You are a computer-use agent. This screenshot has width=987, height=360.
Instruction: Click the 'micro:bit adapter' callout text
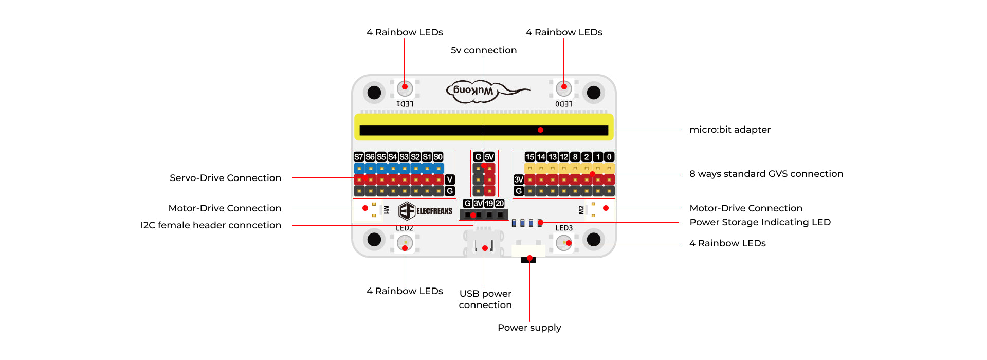click(x=729, y=130)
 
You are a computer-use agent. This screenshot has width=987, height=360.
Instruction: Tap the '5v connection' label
click(x=483, y=50)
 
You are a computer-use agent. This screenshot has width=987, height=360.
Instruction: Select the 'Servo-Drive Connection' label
click(x=225, y=178)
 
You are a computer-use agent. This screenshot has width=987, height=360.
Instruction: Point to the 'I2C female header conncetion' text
click(x=211, y=225)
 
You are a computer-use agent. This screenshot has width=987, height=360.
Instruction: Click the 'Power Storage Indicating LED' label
click(x=760, y=222)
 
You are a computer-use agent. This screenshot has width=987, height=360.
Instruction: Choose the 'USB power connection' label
click(x=485, y=299)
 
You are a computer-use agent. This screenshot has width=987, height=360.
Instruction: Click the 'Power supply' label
click(x=529, y=328)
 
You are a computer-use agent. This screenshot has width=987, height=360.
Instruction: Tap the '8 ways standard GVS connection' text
click(x=766, y=174)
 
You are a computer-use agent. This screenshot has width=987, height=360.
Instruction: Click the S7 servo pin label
click(x=359, y=157)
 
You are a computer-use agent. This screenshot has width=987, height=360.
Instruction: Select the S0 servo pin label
click(x=438, y=157)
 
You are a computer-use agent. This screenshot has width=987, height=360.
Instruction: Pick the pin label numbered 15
click(x=529, y=157)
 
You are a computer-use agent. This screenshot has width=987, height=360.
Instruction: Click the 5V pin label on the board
click(x=489, y=157)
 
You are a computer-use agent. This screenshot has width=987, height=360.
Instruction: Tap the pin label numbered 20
click(x=500, y=204)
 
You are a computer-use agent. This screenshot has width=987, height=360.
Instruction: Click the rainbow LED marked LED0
click(x=564, y=88)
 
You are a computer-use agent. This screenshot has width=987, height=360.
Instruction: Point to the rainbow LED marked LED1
click(x=405, y=88)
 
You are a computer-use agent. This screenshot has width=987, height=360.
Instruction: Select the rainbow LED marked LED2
click(x=405, y=243)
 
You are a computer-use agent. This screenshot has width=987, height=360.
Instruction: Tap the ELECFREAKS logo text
click(x=434, y=211)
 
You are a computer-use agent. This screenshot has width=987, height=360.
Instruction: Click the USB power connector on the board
click(x=484, y=244)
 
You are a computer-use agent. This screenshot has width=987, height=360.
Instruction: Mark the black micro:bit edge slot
click(x=483, y=131)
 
